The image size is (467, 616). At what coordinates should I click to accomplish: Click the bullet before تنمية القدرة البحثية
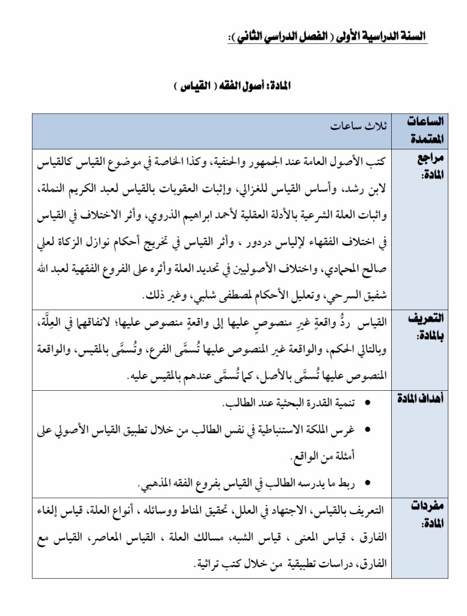click(368, 402)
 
